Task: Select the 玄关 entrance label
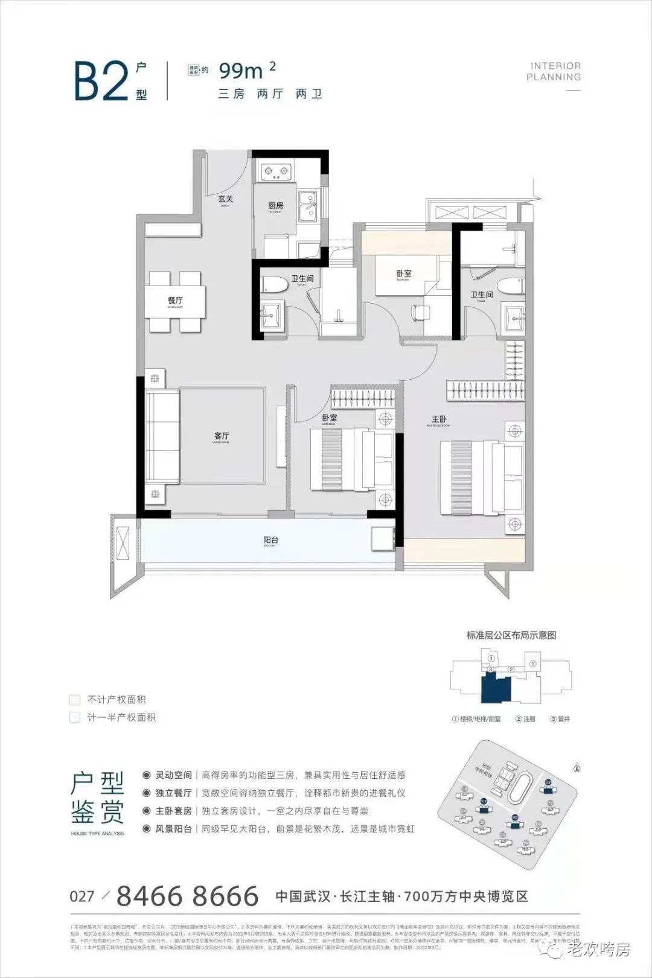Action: [x=226, y=199]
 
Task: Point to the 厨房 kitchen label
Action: [x=275, y=205]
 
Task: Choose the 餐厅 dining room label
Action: [x=175, y=300]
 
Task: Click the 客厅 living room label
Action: [x=222, y=435]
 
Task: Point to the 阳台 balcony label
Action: [x=270, y=540]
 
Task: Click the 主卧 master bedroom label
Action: [x=439, y=420]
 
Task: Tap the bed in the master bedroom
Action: [x=480, y=478]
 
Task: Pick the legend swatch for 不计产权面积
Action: [x=75, y=700]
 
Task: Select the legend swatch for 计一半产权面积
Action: [x=75, y=718]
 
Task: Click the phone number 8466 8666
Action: [x=187, y=896]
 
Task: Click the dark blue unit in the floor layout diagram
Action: [x=495, y=688]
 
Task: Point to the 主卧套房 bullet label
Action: [x=173, y=811]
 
